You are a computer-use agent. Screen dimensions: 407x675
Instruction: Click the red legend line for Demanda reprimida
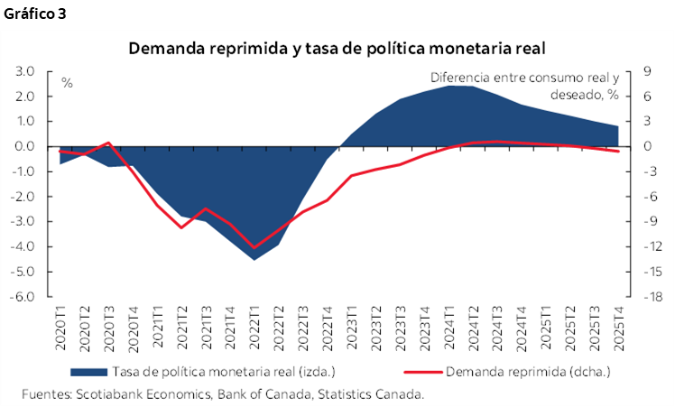(x=413, y=371)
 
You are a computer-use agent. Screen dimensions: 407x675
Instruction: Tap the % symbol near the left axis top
(x=67, y=83)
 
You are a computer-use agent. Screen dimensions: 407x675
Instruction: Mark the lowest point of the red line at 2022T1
(x=254, y=247)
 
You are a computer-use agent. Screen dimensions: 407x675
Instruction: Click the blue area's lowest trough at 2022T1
(x=254, y=259)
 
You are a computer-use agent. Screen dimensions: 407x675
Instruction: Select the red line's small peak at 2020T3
(x=108, y=143)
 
